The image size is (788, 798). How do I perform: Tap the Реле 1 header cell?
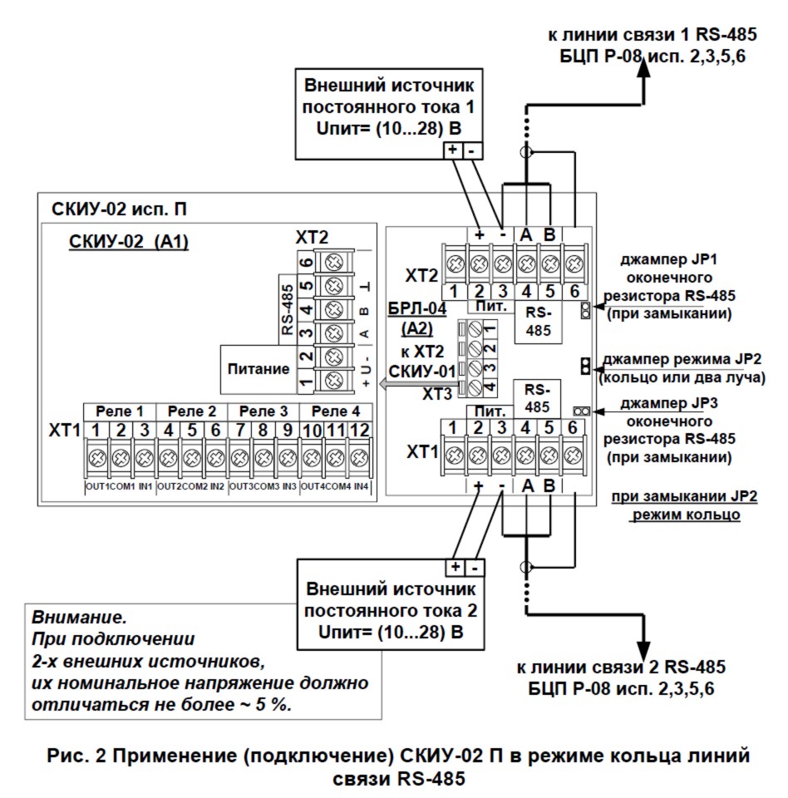[x=120, y=411]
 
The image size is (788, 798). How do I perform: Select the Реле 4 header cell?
[x=336, y=411]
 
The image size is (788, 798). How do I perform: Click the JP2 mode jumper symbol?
[x=585, y=366]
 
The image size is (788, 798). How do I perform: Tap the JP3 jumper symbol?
[x=583, y=411]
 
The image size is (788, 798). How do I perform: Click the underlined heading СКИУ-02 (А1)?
[x=130, y=243]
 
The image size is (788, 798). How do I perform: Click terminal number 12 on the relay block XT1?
[x=359, y=430]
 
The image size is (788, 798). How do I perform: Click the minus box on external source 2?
[x=474, y=567]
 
